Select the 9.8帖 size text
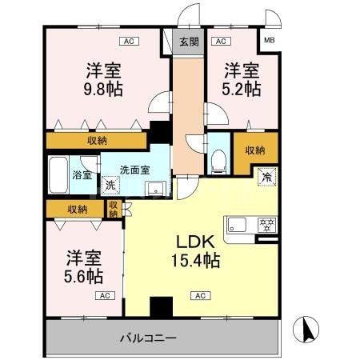[105, 89]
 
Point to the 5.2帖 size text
[242, 89]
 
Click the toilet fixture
[218, 158]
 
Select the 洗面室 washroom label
[134, 170]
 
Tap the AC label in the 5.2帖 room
[221, 40]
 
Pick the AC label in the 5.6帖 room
[104, 296]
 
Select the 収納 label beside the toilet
[255, 149]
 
